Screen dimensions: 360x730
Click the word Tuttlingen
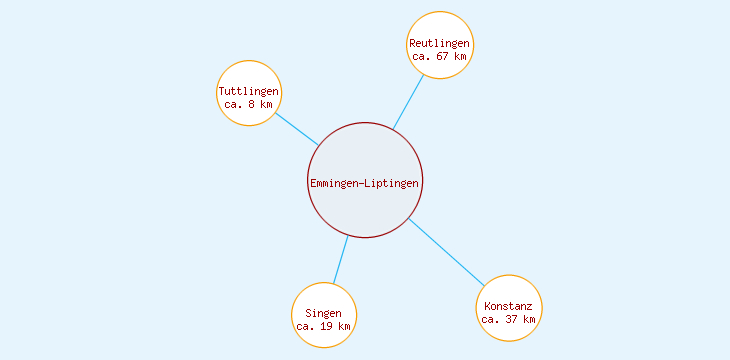pyautogui.click(x=249, y=92)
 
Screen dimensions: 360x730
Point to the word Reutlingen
pyautogui.click(x=440, y=44)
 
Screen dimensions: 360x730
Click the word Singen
pyautogui.click(x=324, y=314)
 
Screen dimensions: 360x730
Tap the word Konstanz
pyautogui.click(x=509, y=306)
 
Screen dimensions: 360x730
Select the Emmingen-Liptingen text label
pyautogui.click(x=365, y=182)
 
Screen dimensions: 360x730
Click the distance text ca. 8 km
pyautogui.click(x=249, y=105)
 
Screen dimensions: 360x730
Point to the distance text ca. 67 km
pyautogui.click(x=440, y=57)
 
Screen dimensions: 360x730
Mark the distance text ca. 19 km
pyautogui.click(x=324, y=327)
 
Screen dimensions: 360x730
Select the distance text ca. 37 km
pyautogui.click(x=509, y=320)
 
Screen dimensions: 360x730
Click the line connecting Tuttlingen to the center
pyautogui.click(x=296, y=128)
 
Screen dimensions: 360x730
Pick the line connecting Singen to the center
pyautogui.click(x=340, y=260)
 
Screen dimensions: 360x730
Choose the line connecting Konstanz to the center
pyautogui.click(x=446, y=252)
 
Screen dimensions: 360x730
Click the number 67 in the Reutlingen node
pyautogui.click(x=443, y=57)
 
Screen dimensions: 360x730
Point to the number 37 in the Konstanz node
pyautogui.click(x=512, y=320)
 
